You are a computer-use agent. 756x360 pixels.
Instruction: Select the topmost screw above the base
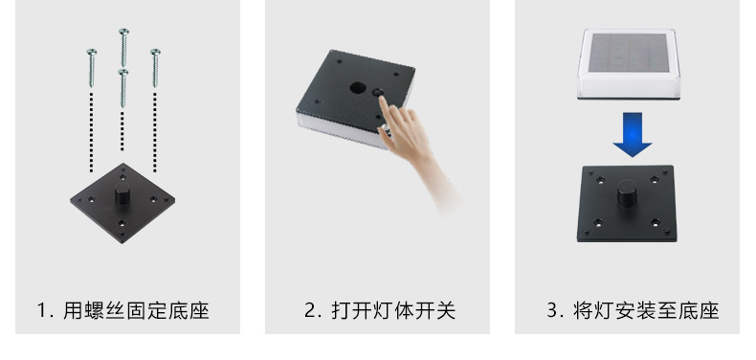(123, 46)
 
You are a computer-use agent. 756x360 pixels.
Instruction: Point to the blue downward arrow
(632, 133)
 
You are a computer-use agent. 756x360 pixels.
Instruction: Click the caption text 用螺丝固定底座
(136, 310)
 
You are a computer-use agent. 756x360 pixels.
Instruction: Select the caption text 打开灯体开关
(393, 310)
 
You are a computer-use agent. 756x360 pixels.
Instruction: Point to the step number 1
(42, 310)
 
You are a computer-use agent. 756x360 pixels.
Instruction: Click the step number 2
(310, 310)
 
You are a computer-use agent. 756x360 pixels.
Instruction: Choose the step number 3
(552, 310)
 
